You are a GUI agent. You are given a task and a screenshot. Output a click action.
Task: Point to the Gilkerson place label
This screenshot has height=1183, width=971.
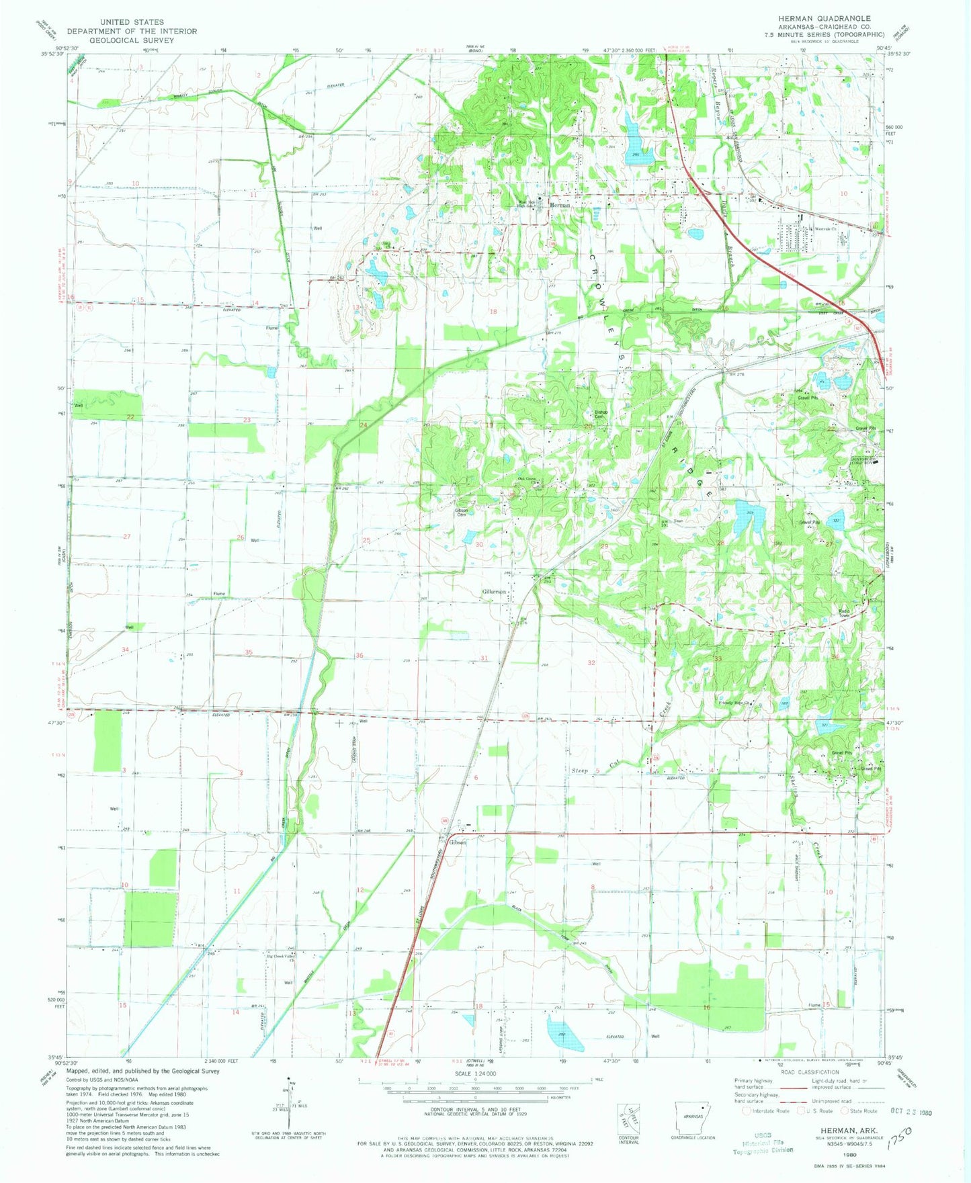(493, 591)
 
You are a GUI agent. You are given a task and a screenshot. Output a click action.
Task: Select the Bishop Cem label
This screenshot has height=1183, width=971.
(601, 414)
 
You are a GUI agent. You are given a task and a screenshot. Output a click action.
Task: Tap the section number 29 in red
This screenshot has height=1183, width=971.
(603, 547)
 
